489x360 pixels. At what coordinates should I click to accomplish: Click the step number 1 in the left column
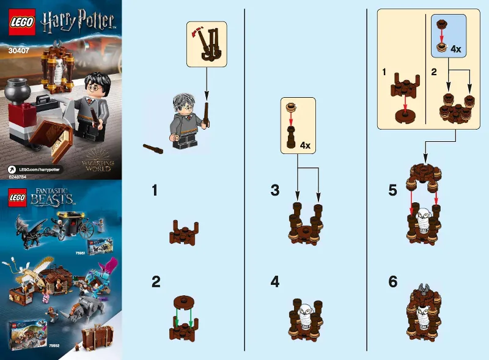[155, 190]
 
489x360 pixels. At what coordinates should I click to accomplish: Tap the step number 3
[275, 190]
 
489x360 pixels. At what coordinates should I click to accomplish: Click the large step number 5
[393, 190]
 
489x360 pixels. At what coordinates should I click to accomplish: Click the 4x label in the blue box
[455, 48]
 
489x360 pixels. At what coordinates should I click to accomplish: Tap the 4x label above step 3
[304, 145]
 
